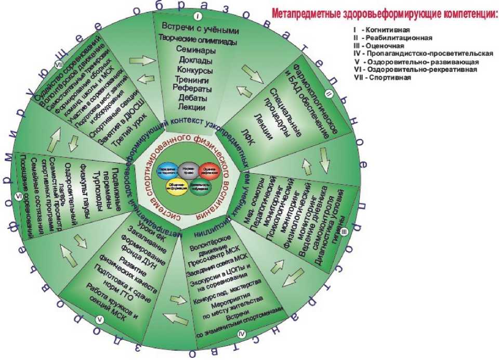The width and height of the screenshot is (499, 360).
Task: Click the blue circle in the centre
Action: click(167, 170)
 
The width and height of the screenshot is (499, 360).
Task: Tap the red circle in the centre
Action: click(209, 171)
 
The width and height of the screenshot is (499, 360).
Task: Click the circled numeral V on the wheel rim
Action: click(98, 315)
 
